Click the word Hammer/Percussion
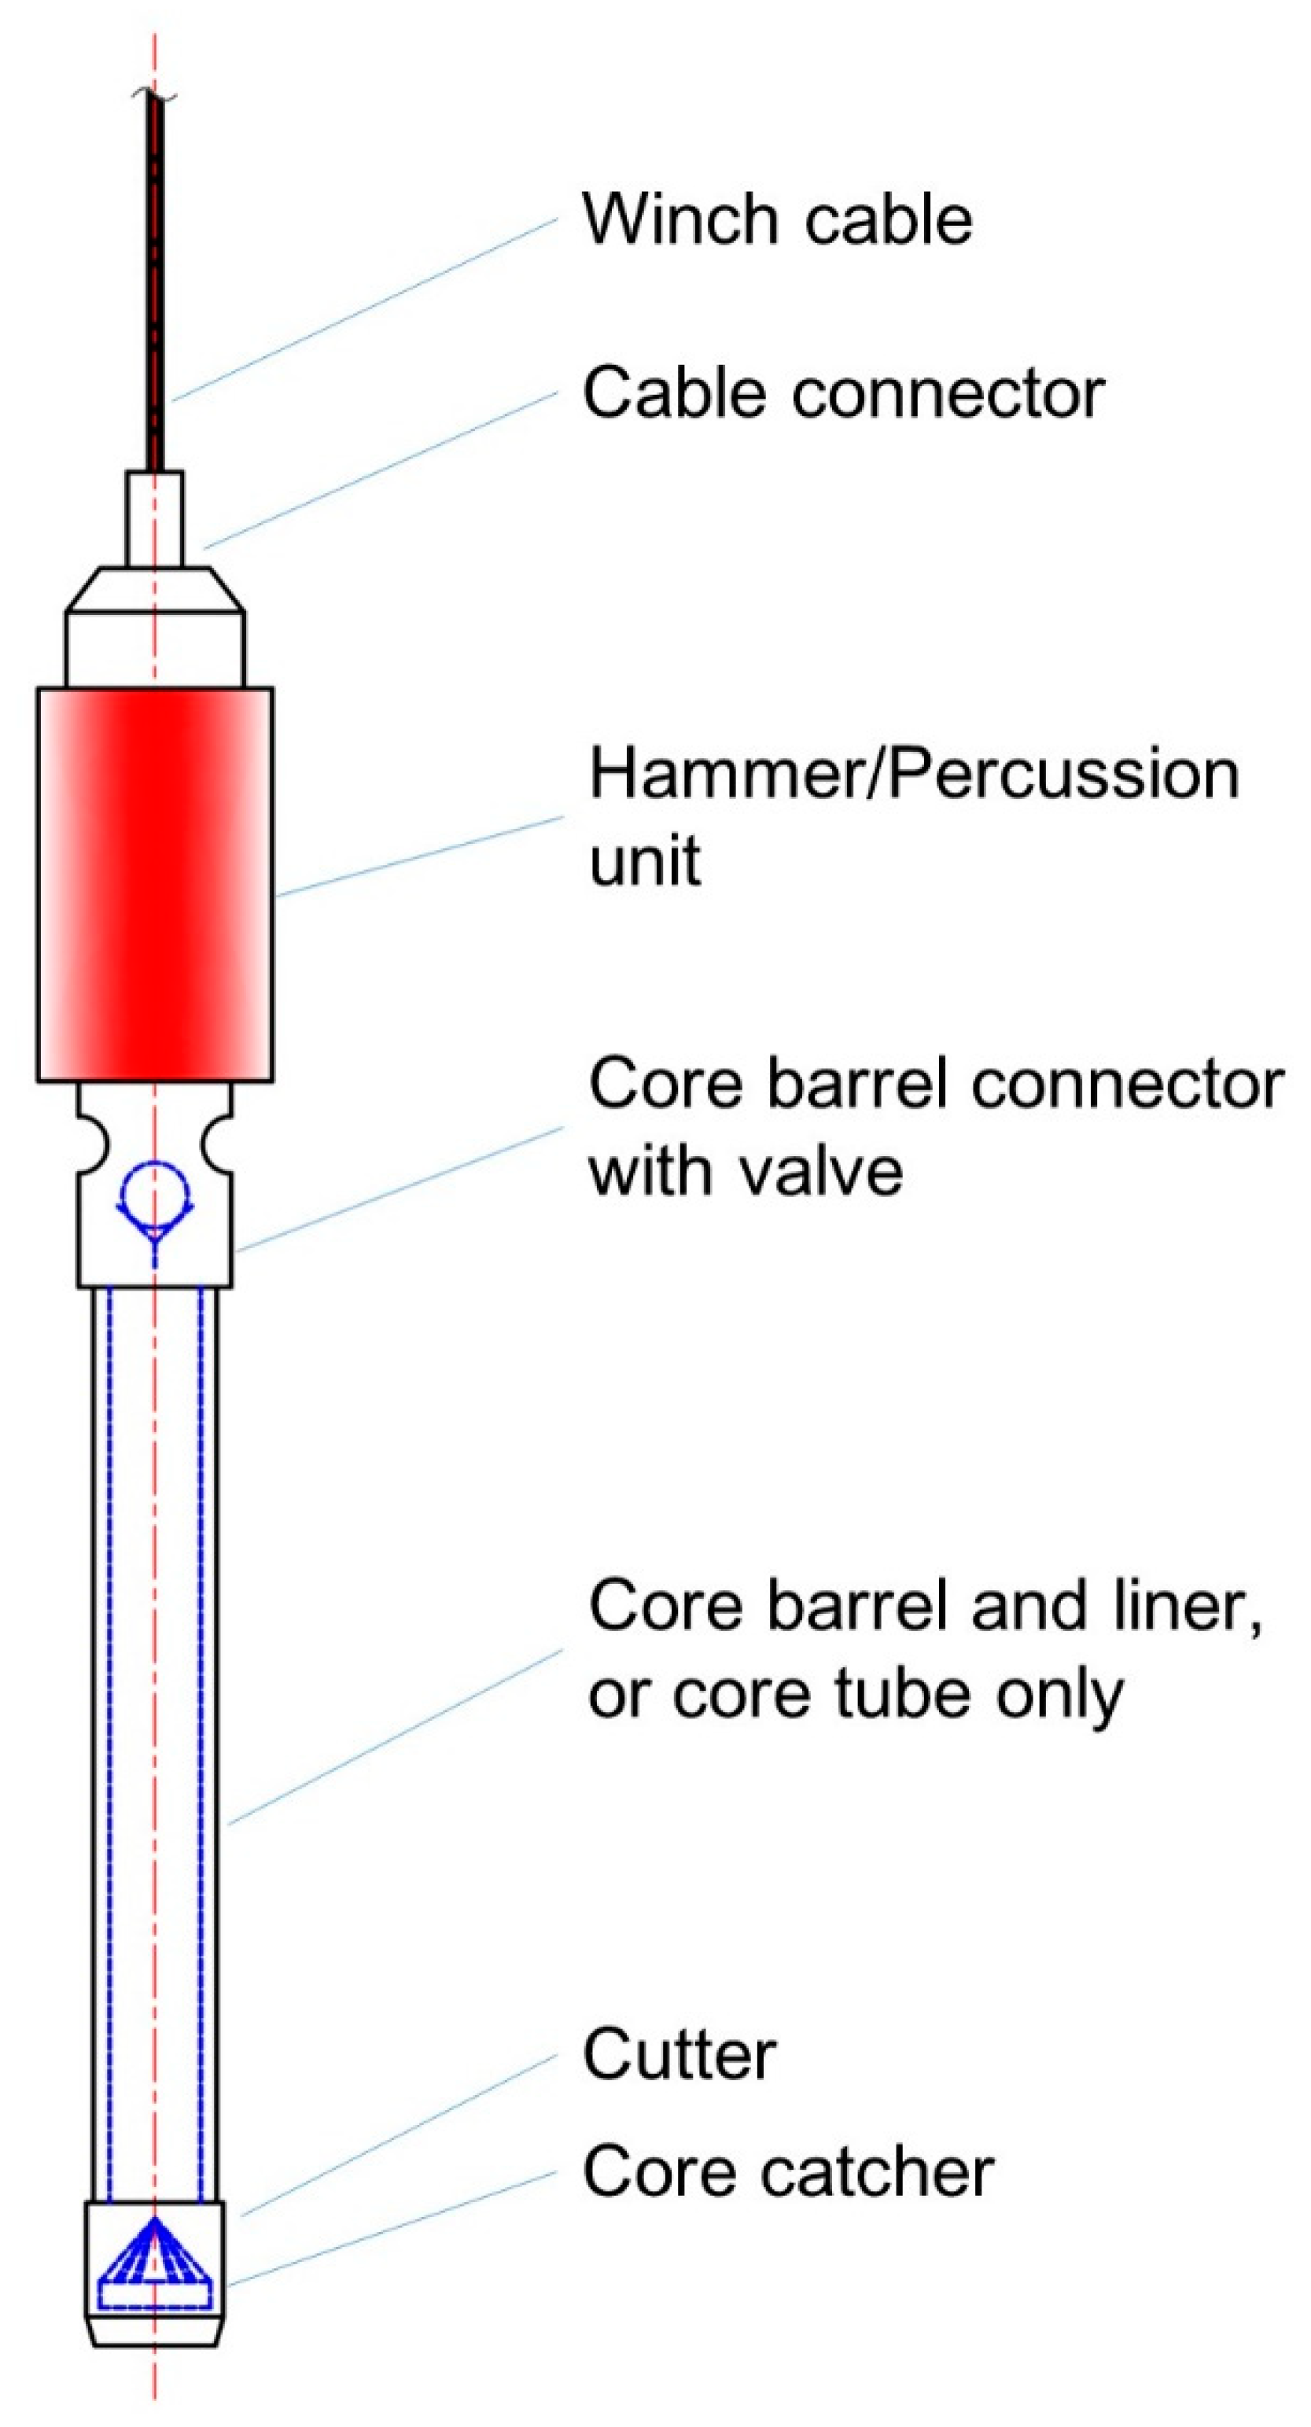pos(914,775)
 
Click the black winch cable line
pos(156,282)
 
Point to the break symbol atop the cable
pos(154,94)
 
